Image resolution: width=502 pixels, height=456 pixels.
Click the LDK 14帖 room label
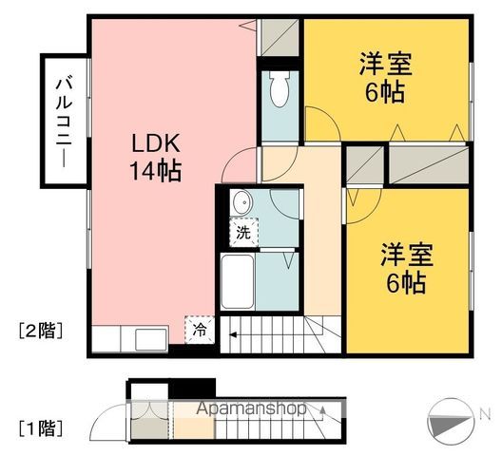click(x=156, y=157)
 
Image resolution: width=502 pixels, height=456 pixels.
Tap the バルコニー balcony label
click(x=65, y=122)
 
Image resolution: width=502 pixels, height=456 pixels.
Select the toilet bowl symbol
click(x=280, y=88)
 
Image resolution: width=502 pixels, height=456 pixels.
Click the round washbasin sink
click(x=242, y=202)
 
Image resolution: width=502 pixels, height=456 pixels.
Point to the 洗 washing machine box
click(x=243, y=233)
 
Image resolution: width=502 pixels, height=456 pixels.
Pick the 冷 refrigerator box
click(x=200, y=330)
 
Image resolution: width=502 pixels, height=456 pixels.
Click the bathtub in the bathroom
click(x=238, y=281)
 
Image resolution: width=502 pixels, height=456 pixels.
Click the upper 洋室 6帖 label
click(x=385, y=78)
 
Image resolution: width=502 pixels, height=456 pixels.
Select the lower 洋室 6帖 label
click(x=407, y=269)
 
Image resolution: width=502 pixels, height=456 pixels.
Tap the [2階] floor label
click(x=40, y=331)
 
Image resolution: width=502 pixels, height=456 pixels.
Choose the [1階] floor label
click(x=40, y=428)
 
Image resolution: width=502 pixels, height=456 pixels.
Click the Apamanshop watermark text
click(x=251, y=408)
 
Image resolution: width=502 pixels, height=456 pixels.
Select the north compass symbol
click(x=451, y=421)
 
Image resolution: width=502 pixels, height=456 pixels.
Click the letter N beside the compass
click(x=485, y=414)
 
